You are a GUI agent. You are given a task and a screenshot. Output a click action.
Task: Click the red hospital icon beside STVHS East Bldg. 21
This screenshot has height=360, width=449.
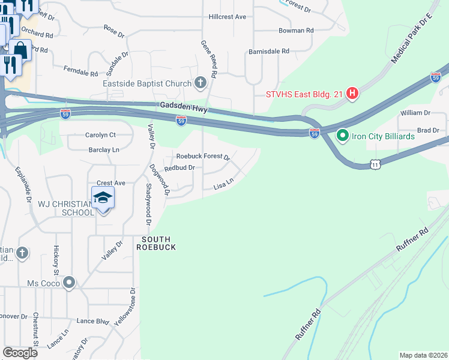coord(353,94)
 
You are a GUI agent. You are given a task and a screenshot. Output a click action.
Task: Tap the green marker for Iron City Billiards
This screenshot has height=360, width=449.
coord(343,136)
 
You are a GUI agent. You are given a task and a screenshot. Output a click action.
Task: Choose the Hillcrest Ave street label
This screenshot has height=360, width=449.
coord(228,17)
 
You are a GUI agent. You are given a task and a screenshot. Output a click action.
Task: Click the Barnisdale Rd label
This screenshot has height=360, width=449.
coord(269,52)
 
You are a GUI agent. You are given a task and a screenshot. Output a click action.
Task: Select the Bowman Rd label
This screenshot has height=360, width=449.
coord(297,30)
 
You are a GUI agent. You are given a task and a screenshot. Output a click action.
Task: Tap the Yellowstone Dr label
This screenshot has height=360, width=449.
coord(126,307)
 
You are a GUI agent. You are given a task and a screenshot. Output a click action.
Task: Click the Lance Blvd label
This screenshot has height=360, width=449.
coord(93,321)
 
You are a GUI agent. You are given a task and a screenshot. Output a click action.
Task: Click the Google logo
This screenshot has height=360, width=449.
coord(20,353)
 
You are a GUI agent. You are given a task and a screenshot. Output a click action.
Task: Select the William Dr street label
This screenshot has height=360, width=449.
coord(416,112)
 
